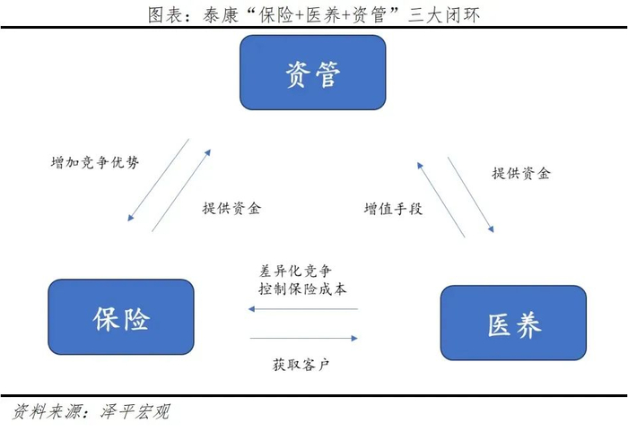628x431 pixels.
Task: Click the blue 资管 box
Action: [313, 73]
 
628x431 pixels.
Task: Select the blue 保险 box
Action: [121, 317]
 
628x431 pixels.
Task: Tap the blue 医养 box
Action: [513, 323]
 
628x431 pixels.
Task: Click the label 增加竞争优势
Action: [95, 162]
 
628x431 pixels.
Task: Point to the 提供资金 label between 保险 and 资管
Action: [231, 208]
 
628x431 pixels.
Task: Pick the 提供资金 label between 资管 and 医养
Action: [521, 173]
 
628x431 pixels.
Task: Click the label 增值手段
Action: [393, 209]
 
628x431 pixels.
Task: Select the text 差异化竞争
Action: [295, 271]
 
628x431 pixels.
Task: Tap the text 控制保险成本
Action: [302, 289]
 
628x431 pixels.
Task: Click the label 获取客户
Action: [301, 365]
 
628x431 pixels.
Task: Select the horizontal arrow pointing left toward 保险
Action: [303, 309]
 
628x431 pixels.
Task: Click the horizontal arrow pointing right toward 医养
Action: [303, 338]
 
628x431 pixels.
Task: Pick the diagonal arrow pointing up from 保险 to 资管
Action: [181, 191]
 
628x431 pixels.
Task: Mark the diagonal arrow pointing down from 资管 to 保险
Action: [158, 180]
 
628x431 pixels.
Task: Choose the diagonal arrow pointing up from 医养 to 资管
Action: [441, 200]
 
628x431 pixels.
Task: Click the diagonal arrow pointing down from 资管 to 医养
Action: [471, 194]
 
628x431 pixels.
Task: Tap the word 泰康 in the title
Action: [221, 15]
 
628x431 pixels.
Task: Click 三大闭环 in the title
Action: [444, 15]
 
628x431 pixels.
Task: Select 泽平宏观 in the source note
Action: [135, 412]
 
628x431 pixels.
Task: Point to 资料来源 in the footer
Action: [48, 412]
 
